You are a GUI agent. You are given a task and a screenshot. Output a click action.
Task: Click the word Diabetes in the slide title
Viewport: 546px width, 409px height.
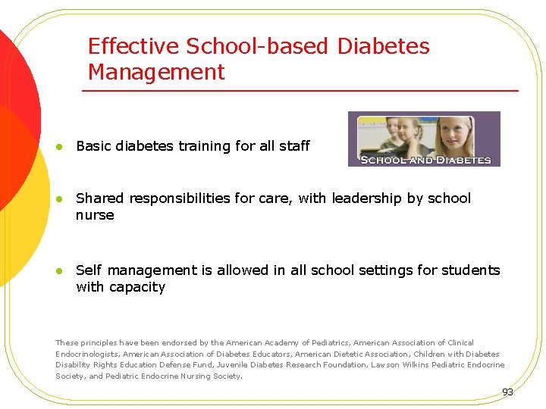pyautogui.click(x=383, y=46)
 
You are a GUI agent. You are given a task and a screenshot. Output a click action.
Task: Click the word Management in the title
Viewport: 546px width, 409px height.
pyautogui.click(x=156, y=73)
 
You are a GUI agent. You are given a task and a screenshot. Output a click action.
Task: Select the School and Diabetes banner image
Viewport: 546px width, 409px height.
pyautogui.click(x=424, y=139)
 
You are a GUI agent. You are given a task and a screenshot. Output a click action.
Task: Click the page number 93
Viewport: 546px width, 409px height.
pyautogui.click(x=507, y=392)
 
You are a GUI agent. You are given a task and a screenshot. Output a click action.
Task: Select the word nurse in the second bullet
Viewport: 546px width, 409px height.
pyautogui.click(x=95, y=215)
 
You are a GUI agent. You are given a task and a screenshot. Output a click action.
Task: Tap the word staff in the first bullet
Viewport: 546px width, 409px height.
pyautogui.click(x=294, y=146)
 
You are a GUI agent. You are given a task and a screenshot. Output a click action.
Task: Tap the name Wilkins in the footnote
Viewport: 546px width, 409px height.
pyautogui.click(x=409, y=365)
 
